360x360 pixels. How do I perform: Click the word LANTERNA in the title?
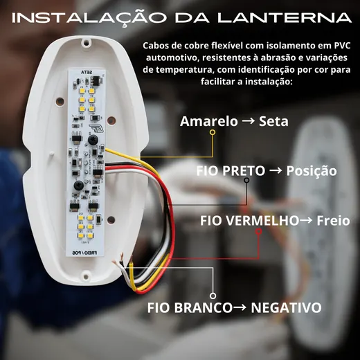click(285, 18)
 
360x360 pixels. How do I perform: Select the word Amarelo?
click(209, 121)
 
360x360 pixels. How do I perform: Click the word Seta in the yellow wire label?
click(273, 121)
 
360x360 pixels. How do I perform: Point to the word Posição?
click(312, 171)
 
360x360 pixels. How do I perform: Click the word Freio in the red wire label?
click(333, 221)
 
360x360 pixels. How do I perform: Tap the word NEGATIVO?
click(286, 307)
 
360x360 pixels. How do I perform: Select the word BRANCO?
click(204, 307)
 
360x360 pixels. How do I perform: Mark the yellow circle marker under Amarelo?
click(213, 132)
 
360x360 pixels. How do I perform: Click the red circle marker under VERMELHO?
click(259, 231)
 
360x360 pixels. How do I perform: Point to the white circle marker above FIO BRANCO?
click(213, 296)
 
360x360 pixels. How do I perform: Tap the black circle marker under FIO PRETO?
click(246, 180)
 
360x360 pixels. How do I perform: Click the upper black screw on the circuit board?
click(93, 140)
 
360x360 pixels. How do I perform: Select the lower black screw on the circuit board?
click(78, 185)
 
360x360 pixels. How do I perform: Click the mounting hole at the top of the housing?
click(87, 42)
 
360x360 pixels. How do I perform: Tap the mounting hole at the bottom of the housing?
click(86, 276)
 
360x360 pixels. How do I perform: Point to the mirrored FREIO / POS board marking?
click(84, 253)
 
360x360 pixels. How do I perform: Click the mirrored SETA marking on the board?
click(87, 73)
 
